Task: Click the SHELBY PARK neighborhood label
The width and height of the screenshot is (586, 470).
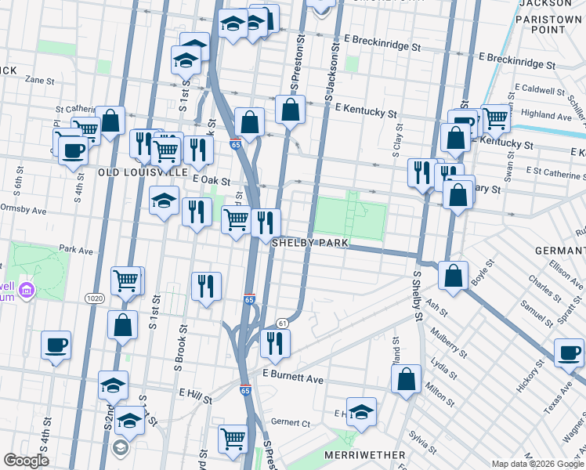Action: click(309, 243)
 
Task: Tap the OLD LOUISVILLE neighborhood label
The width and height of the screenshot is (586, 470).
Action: click(142, 171)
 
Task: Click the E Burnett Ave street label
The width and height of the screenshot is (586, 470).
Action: click(294, 378)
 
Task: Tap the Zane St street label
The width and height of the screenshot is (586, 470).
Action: click(38, 80)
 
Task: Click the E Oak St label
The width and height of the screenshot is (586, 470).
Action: click(209, 179)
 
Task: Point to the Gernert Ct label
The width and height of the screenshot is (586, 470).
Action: click(290, 422)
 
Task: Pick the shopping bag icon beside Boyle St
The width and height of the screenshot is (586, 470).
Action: click(453, 275)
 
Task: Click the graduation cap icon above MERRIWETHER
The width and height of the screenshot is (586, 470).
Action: click(361, 411)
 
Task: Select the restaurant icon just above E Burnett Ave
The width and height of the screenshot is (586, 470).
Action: click(275, 342)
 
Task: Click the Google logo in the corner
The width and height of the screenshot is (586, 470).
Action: click(26, 460)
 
